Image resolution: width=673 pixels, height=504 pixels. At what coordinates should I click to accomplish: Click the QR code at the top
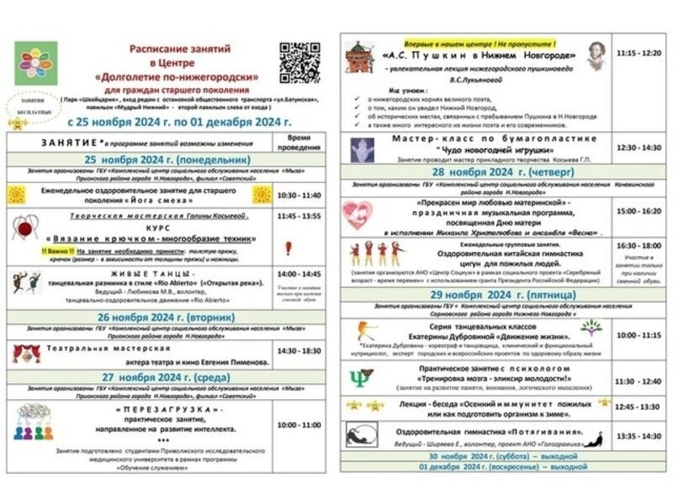point(299,62)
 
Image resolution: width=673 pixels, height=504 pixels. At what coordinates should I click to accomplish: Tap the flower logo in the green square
point(36,63)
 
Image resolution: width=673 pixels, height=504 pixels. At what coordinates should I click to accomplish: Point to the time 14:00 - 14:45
point(299,274)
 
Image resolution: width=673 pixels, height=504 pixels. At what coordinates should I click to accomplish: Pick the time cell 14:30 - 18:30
point(299,351)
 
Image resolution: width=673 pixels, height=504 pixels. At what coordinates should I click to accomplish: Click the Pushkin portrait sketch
point(596,55)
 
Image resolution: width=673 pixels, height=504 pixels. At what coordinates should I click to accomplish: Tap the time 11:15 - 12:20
point(639,53)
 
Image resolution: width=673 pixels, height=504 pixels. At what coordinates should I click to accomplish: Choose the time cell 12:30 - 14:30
point(639,147)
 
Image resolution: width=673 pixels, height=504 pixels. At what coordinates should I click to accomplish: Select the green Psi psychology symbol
point(360,378)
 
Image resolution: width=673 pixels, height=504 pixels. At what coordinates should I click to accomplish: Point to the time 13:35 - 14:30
point(639,436)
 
